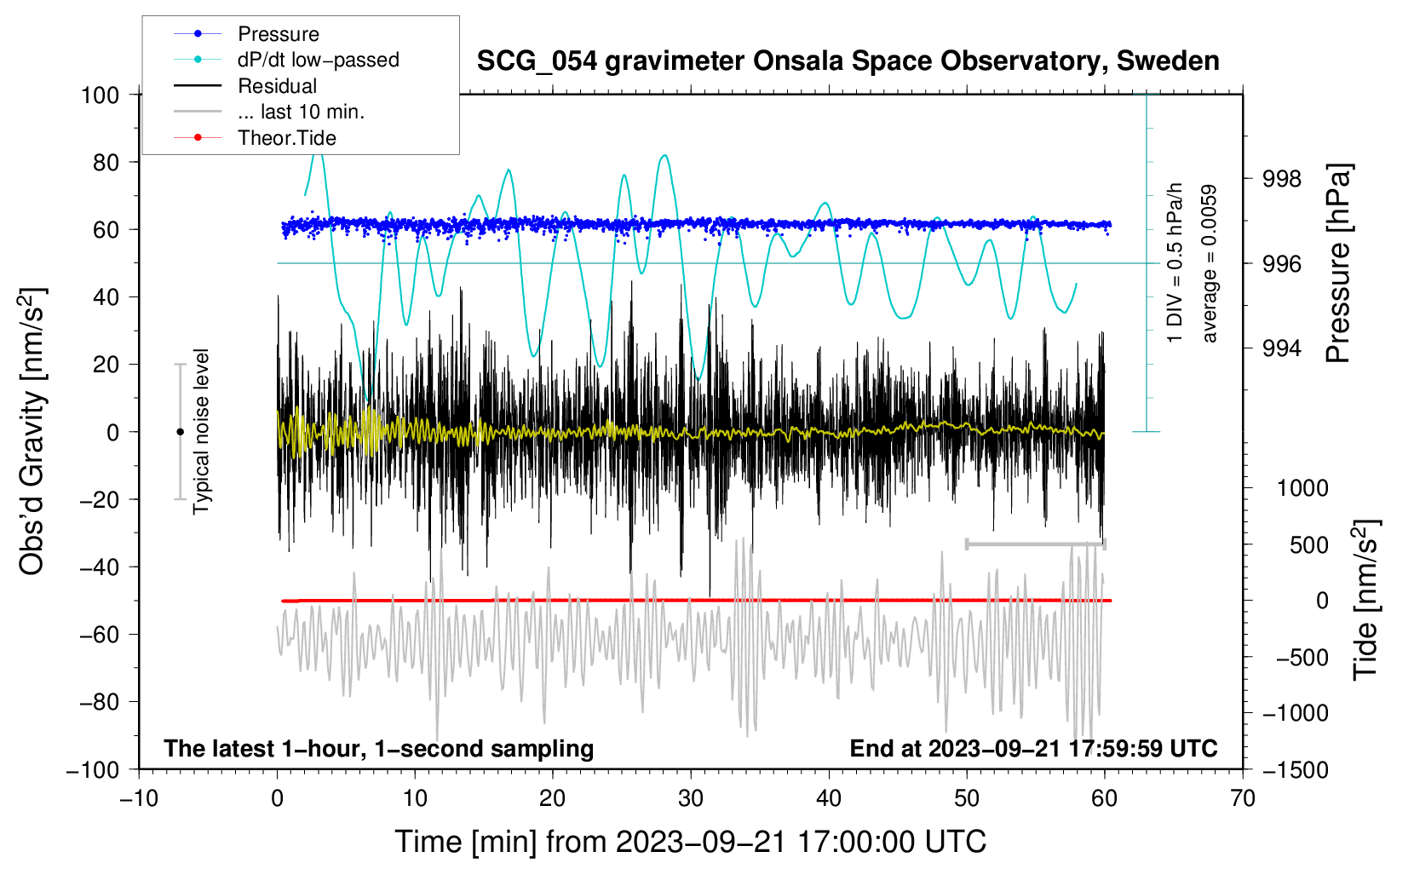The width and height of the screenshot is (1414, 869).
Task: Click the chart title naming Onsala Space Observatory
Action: pyautogui.click(x=848, y=61)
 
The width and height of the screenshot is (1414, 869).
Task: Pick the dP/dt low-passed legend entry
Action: pyautogui.click(x=318, y=60)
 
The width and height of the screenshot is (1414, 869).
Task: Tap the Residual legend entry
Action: pyautogui.click(x=277, y=86)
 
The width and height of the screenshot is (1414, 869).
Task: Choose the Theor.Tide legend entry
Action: pyautogui.click(x=286, y=138)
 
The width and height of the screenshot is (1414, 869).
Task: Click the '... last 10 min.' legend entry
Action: pyautogui.click(x=301, y=112)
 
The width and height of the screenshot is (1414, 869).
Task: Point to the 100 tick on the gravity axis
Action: pyautogui.click(x=100, y=95)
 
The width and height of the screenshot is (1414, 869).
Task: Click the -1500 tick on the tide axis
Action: pyautogui.click(x=1295, y=769)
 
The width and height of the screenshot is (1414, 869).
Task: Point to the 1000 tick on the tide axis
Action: pyautogui.click(x=1302, y=488)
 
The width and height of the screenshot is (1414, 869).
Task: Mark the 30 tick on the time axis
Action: pyautogui.click(x=691, y=798)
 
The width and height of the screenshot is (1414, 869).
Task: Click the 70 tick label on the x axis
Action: pyautogui.click(x=1243, y=798)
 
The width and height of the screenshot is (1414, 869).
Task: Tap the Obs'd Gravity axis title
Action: pyautogui.click(x=32, y=432)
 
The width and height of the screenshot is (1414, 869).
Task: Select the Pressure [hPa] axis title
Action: pyautogui.click(x=1338, y=264)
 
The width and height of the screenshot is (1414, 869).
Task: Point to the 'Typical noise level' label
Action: pyautogui.click(x=201, y=431)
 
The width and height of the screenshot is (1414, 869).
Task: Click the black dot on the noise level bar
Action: pyautogui.click(x=180, y=432)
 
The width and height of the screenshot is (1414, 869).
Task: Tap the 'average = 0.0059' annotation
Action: pyautogui.click(x=1209, y=264)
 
